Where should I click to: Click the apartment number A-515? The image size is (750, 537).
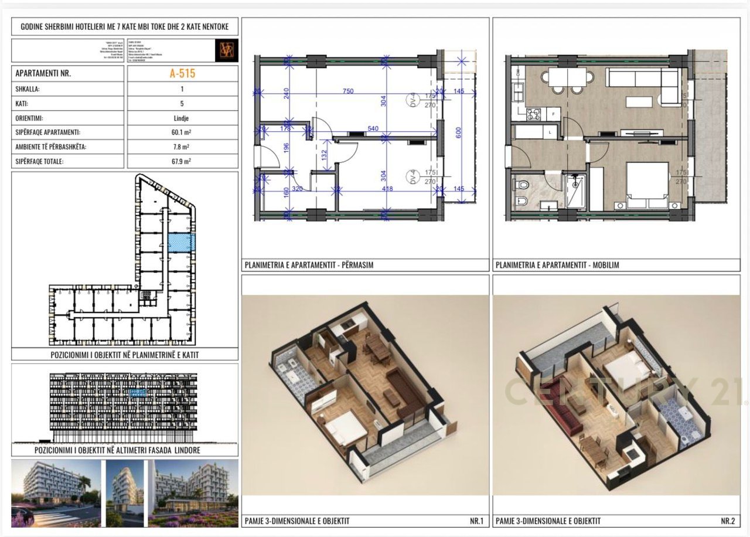182,73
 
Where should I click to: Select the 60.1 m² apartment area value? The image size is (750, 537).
182,132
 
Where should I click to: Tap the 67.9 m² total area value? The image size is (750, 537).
182,161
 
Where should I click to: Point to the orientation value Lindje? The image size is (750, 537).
182,118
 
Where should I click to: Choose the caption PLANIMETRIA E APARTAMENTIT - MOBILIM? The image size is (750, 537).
557,265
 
